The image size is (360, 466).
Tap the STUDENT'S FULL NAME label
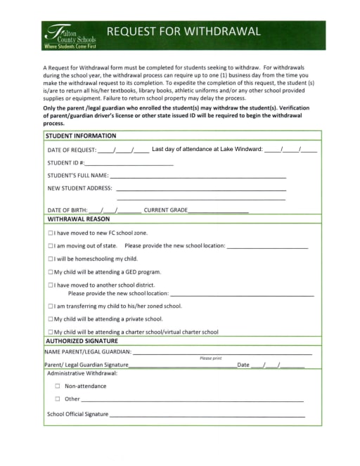(77, 175)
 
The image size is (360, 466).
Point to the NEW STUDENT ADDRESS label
(79, 188)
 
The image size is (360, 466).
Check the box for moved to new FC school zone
(50, 233)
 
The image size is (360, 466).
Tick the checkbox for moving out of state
(50, 246)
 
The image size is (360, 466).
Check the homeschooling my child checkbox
(50, 259)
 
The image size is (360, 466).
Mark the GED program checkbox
(50, 271)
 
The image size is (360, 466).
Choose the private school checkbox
(50, 318)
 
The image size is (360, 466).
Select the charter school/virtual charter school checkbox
(50, 332)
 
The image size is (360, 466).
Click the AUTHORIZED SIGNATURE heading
(82, 341)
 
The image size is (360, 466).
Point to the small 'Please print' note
(211, 358)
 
